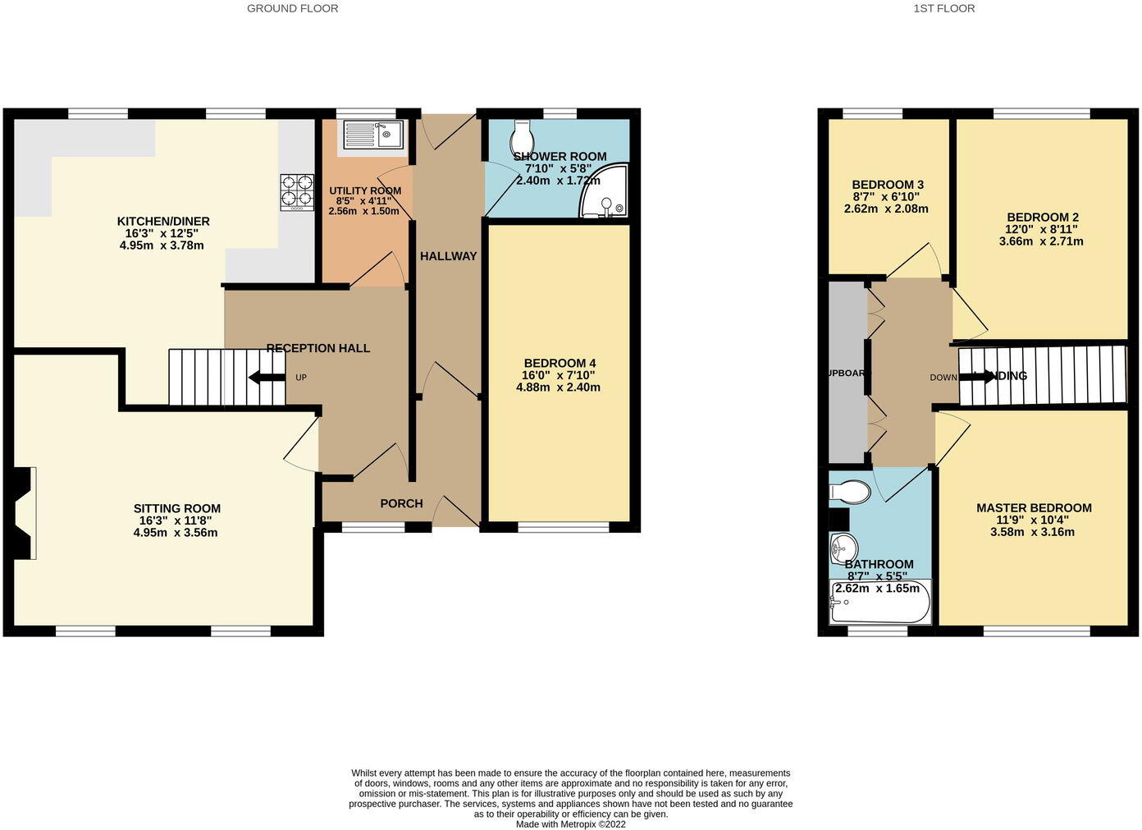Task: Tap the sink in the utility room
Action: (372, 135)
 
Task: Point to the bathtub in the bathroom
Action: (880, 604)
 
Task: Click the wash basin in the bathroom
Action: (843, 547)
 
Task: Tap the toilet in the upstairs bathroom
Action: (850, 493)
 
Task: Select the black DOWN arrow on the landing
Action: (976, 377)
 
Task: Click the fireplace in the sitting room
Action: (23, 513)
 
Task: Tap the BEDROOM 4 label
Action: (560, 363)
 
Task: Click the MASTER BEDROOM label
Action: (1034, 508)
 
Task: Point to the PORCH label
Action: (401, 503)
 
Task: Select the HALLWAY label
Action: (448, 256)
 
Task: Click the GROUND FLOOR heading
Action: (292, 8)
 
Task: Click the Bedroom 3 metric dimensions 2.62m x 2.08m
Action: (886, 209)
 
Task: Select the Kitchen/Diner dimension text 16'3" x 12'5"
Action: (162, 233)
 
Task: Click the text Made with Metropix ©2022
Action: (570, 823)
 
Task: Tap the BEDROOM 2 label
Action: (1042, 218)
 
